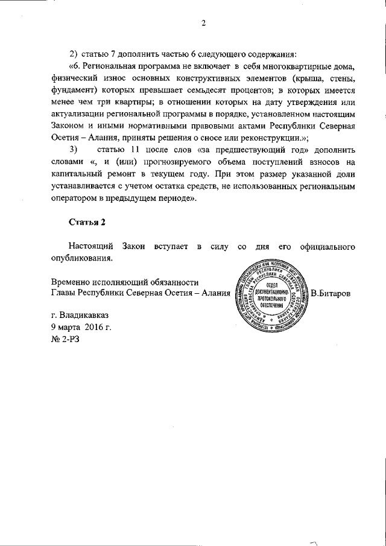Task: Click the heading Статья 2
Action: click(x=87, y=222)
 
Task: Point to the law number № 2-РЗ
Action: click(x=65, y=338)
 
